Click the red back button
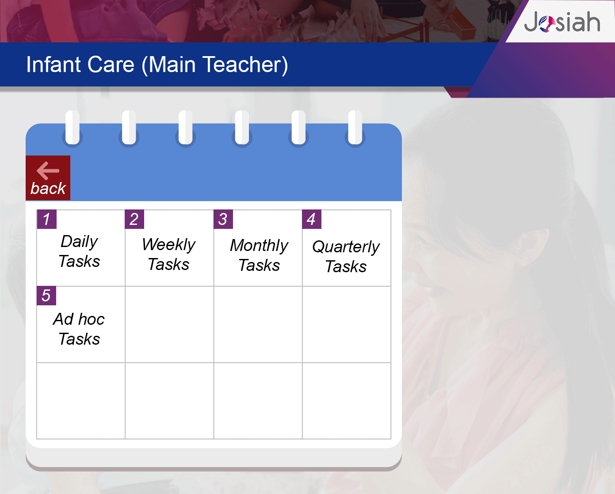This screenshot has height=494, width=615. point(48,178)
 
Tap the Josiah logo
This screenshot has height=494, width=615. point(562,22)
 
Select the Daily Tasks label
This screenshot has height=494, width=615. point(79,251)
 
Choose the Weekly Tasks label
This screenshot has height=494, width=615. point(168,254)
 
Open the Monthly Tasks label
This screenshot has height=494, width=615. point(259,255)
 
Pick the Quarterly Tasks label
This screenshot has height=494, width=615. point(346,256)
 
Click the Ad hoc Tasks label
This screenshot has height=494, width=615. point(79,329)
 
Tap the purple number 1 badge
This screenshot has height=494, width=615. point(46,219)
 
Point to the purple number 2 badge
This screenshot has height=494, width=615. point(134,219)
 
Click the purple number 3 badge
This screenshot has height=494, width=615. point(223,219)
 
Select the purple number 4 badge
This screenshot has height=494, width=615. point(312,219)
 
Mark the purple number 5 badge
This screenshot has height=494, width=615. point(46,296)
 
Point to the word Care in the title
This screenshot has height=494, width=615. point(111,65)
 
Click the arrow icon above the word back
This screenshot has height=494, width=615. point(48,171)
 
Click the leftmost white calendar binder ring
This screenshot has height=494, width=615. point(73,127)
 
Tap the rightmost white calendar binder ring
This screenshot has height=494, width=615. point(355,127)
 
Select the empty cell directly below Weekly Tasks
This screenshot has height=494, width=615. point(169,324)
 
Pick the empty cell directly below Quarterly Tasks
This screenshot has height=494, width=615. point(347,324)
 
